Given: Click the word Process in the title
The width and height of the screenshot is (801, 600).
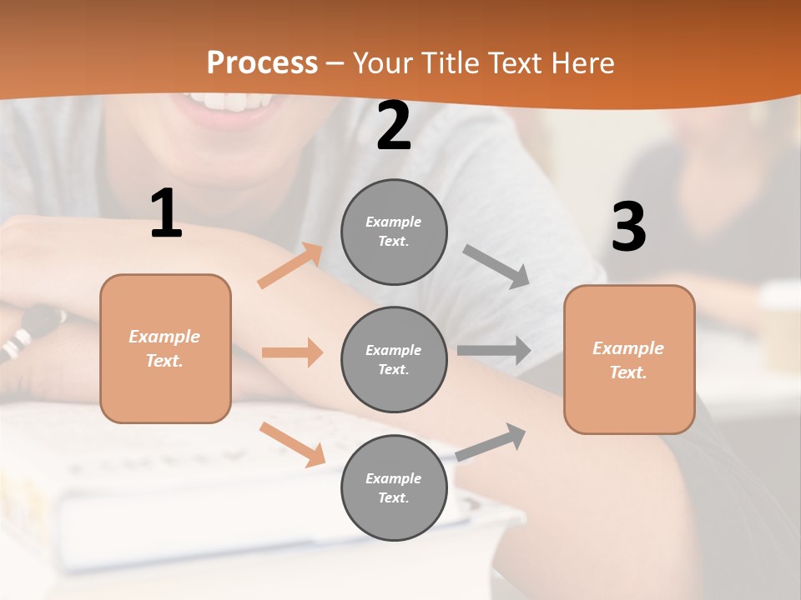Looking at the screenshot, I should point(262,63).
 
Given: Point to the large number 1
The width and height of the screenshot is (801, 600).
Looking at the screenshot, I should point(166,214).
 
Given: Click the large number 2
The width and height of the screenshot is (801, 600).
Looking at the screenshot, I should point(393,127).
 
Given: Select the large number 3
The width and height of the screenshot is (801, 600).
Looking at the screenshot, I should point(628,227).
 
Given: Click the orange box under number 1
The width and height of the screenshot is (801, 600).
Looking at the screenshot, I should point(165,348).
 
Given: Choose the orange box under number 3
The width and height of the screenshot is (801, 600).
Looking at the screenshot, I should point(629,359).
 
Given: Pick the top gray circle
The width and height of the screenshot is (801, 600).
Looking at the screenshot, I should point(394,232).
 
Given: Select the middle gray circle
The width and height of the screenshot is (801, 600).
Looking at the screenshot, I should point(394,359).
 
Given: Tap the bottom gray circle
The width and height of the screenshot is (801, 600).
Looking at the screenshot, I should point(394,487).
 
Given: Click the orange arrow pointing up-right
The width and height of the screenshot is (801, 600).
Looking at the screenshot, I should point(290,266).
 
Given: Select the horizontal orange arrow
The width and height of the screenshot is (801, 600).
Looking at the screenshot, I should point(292,352).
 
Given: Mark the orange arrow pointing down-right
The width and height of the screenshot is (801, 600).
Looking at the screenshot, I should point(293,443).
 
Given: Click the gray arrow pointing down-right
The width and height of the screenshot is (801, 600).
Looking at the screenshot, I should point(496,266).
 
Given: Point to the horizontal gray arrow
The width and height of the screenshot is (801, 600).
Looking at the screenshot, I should point(494,350).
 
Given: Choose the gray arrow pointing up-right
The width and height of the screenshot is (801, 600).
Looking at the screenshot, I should point(491,442).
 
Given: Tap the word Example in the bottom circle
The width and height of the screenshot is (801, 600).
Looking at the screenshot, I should point(393,478).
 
